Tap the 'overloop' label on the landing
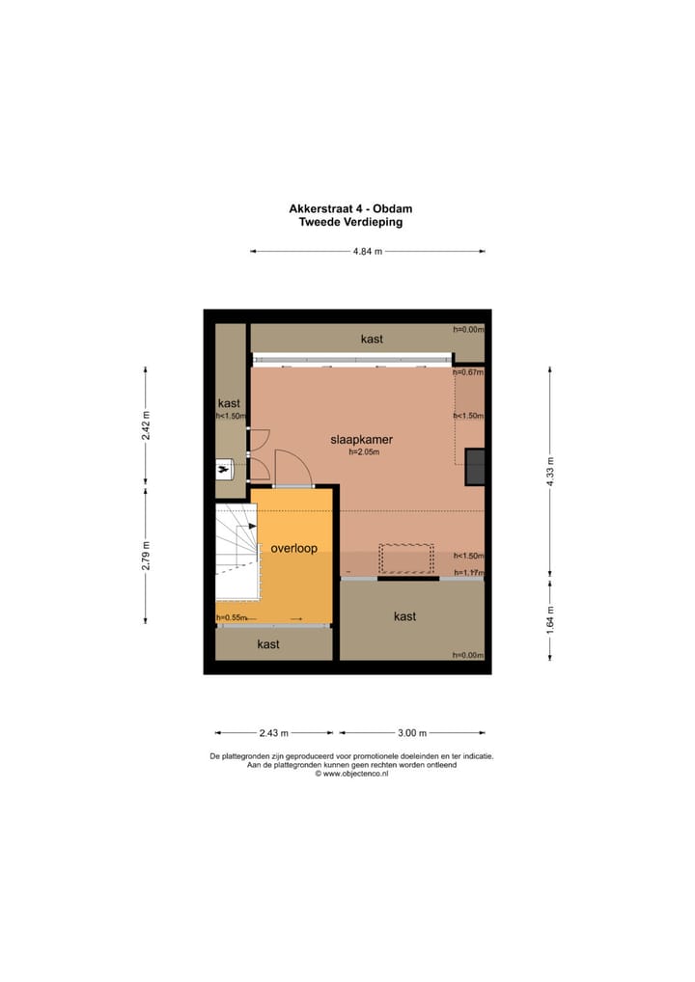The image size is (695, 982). pyautogui.click(x=294, y=547)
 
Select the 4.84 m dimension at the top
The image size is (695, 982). pyautogui.click(x=367, y=252)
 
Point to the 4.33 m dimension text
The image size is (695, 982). pyautogui.click(x=550, y=472)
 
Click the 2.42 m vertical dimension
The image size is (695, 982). pyautogui.click(x=146, y=425)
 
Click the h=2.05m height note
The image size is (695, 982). pyautogui.click(x=364, y=451)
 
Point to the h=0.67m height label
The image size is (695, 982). pyautogui.click(x=468, y=372)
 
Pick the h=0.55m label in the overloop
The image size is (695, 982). pyautogui.click(x=232, y=617)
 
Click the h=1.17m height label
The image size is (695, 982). pyautogui.click(x=468, y=572)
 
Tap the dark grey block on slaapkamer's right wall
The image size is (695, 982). pyautogui.click(x=475, y=467)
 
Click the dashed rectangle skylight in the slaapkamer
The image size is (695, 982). pyautogui.click(x=406, y=558)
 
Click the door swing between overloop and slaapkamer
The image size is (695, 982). pyautogui.click(x=292, y=471)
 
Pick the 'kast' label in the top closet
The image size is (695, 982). pyautogui.click(x=372, y=339)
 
